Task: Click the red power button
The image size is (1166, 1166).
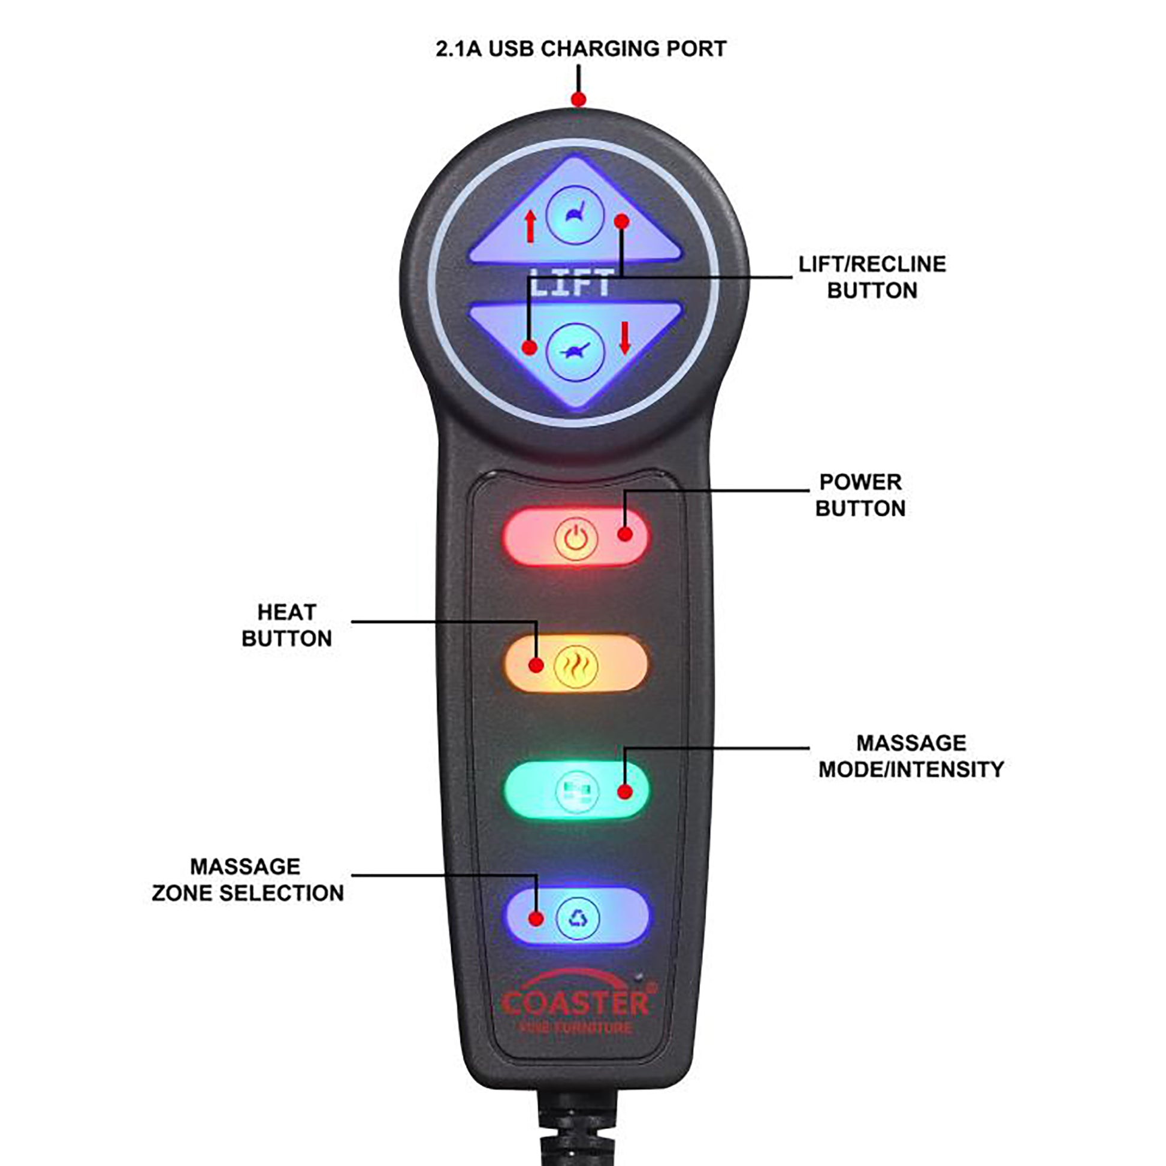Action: [x=575, y=536]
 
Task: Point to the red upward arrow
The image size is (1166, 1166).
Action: [x=530, y=226]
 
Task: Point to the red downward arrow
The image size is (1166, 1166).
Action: [x=624, y=337]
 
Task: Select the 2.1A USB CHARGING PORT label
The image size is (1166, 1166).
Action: [x=581, y=49]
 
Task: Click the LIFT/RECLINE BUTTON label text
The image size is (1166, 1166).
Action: [x=872, y=277]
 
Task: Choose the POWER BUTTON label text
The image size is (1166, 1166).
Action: [x=860, y=495]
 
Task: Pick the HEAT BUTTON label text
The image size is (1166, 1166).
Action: [x=286, y=626]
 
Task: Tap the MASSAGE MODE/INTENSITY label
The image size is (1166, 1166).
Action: [x=911, y=756]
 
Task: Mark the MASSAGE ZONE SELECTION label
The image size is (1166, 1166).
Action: [x=247, y=880]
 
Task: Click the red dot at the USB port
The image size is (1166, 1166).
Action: [x=578, y=99]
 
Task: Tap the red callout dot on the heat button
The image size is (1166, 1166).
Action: [x=536, y=664]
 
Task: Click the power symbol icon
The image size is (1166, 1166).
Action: [x=575, y=537]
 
